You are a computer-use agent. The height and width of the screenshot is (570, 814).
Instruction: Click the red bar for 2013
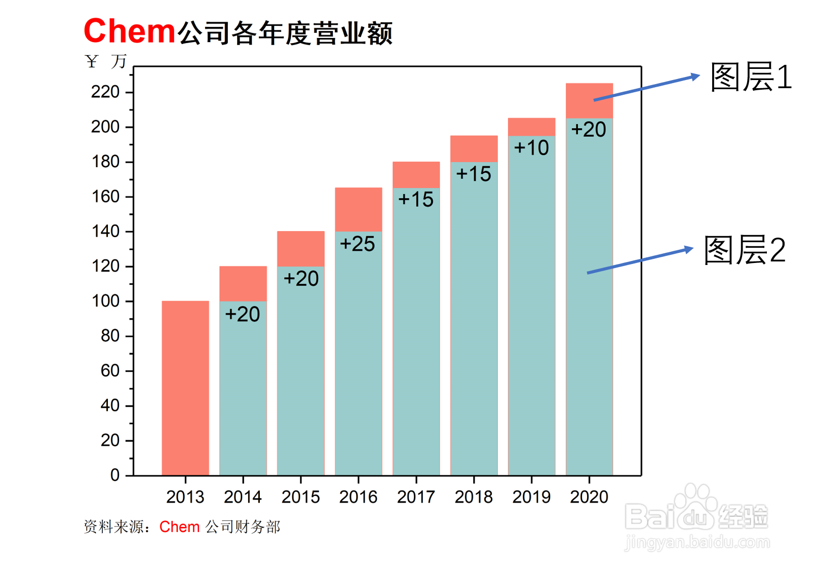coord(185,388)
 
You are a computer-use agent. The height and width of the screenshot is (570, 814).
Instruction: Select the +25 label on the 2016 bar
coord(357,244)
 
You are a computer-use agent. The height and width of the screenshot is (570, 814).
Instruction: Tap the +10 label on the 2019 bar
coord(531,148)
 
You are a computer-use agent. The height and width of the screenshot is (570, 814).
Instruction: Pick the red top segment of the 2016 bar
coord(358,209)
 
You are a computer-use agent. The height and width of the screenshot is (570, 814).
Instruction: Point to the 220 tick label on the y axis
coord(105,92)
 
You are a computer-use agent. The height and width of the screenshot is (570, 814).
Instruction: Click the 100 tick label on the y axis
coord(105,301)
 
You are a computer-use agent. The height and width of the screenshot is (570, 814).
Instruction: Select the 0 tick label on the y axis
coord(115,475)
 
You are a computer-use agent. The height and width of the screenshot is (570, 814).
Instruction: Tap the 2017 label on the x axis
coord(416,497)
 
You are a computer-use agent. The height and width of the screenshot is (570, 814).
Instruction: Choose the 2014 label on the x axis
coord(243,497)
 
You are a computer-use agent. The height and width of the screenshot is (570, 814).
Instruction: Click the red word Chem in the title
coord(130,31)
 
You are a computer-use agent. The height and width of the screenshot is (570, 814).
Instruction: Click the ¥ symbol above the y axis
coord(91,62)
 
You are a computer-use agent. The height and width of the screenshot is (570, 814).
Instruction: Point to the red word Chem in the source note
coord(179,527)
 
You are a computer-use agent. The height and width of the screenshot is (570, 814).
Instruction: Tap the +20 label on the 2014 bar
coord(242,315)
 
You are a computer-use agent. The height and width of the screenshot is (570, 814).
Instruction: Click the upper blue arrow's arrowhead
coord(696,77)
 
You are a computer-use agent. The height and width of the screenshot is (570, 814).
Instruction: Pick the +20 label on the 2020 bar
coord(589,130)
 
